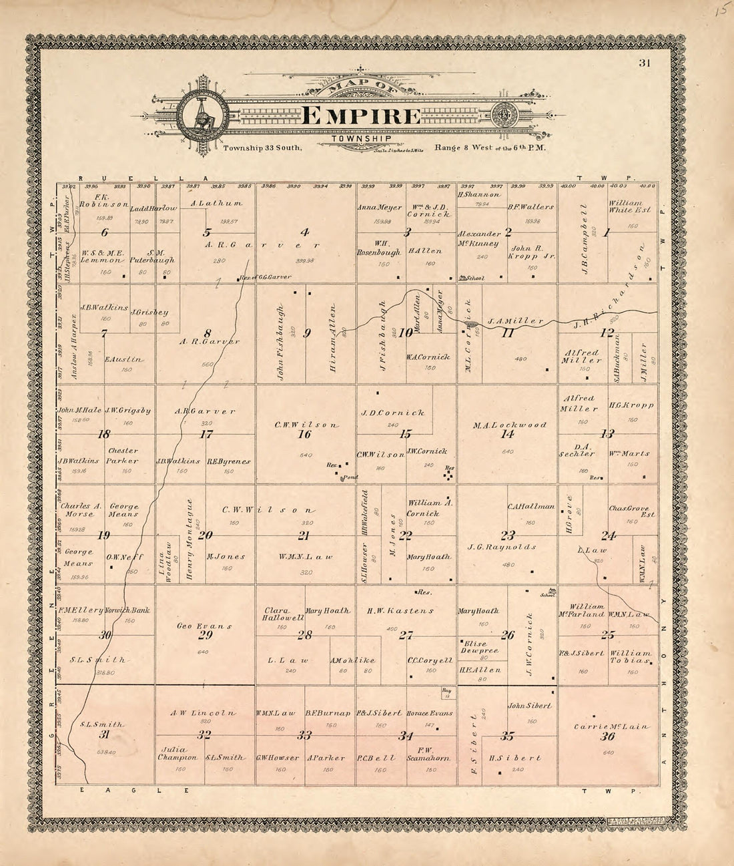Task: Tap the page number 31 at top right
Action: click(x=644, y=63)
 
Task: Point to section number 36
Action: click(x=607, y=737)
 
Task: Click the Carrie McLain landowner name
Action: click(x=607, y=726)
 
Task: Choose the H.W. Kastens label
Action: click(x=400, y=610)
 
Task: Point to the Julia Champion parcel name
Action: click(x=177, y=753)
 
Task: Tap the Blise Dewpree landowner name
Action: click(x=476, y=648)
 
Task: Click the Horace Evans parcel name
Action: click(x=430, y=713)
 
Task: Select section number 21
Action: click(x=304, y=535)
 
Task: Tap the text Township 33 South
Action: click(x=263, y=148)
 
